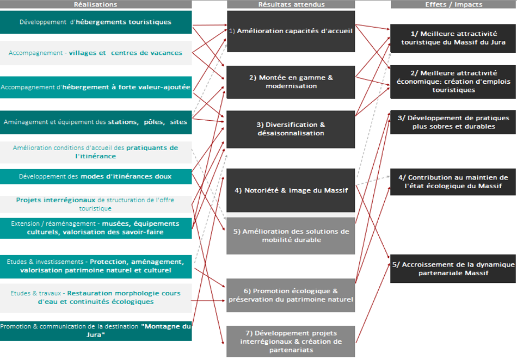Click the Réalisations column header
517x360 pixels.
tap(95, 4)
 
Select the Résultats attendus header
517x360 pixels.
tap(291, 4)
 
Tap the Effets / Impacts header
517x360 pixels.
tap(453, 4)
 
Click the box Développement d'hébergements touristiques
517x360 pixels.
tap(95, 22)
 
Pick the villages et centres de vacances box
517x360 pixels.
tap(95, 53)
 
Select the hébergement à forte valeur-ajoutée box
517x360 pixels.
tap(95, 87)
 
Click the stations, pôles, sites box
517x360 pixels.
tap(95, 122)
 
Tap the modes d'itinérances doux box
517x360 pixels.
tap(95, 176)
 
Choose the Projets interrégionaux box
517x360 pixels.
tap(95, 204)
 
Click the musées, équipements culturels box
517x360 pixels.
tap(95, 228)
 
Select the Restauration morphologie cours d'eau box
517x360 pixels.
tap(95, 297)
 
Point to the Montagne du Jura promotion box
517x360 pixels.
tap(95, 331)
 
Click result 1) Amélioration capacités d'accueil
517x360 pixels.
tap(291, 31)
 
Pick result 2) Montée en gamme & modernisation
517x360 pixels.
tap(291, 82)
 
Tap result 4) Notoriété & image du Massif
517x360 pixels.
tap(291, 190)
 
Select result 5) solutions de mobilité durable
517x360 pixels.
tap(291, 235)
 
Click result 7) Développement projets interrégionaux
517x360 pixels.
tap(291, 342)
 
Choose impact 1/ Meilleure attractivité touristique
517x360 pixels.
tap(453, 38)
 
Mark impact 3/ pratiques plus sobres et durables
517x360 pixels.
tap(453, 122)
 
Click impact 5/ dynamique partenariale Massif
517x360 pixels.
tap(453, 269)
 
